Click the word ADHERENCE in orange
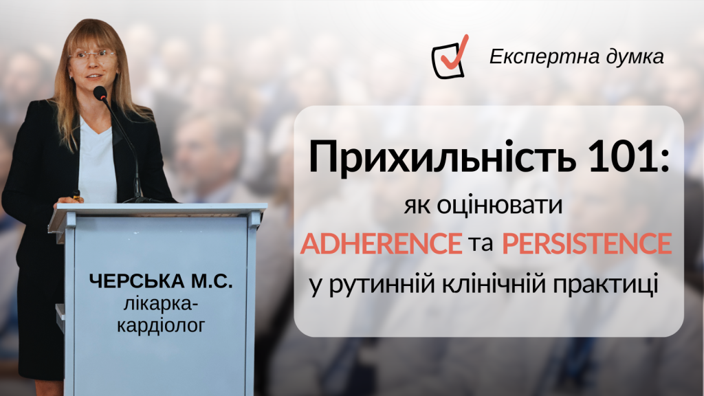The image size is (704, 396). (381, 243)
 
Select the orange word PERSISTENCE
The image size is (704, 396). (587, 243)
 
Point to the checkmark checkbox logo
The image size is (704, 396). (450, 58)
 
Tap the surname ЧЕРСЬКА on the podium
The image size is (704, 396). (137, 281)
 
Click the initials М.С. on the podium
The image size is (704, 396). (212, 281)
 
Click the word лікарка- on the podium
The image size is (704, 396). (161, 305)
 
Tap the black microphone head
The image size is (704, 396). (100, 93)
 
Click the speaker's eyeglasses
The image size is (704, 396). (93, 56)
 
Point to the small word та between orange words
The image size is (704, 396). (481, 244)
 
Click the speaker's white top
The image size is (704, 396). (96, 162)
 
